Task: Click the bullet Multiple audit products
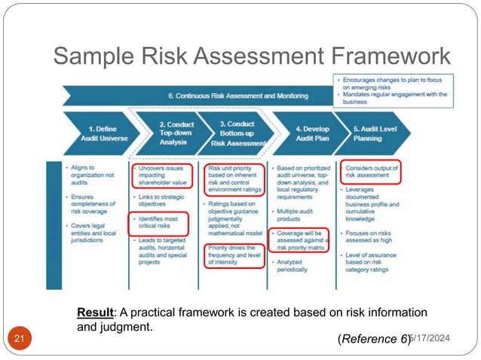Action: [298, 214]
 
